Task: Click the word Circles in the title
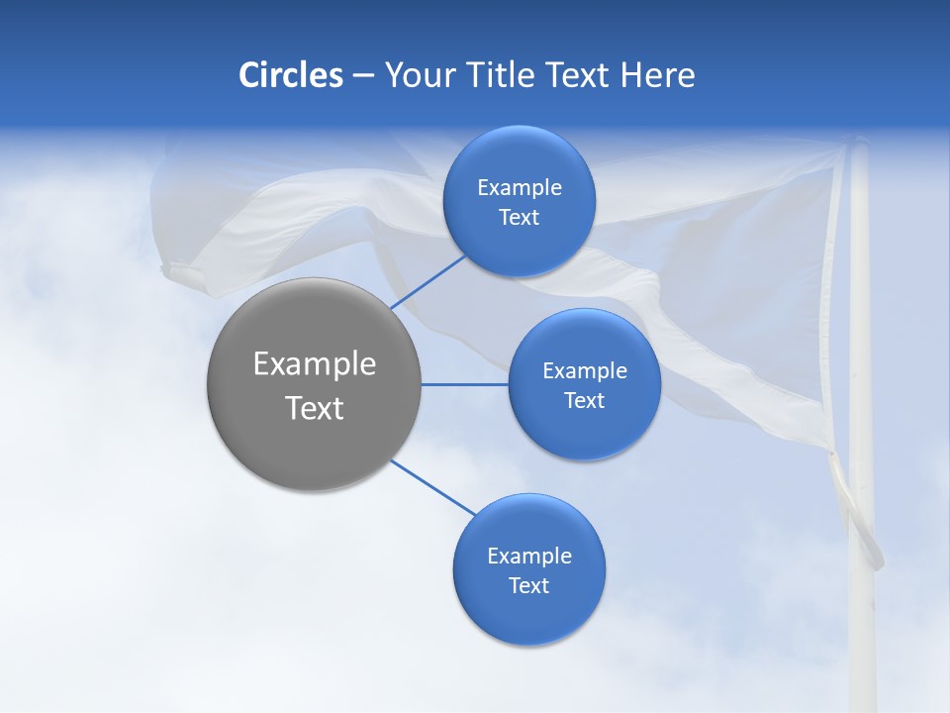[290, 75]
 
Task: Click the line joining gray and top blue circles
[427, 281]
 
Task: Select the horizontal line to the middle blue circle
[464, 384]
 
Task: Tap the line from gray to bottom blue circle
[433, 487]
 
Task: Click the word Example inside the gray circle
[314, 364]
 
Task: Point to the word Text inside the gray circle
[314, 408]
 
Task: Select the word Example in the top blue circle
[519, 187]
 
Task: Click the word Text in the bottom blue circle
[528, 585]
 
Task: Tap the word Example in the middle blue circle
[584, 370]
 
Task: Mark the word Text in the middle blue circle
[584, 400]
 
